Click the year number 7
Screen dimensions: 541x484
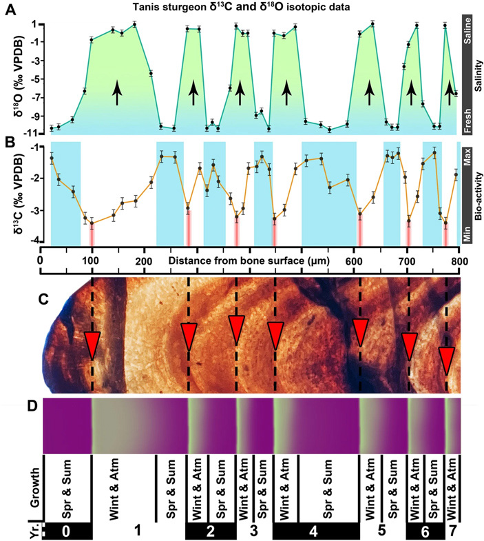(454, 531)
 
